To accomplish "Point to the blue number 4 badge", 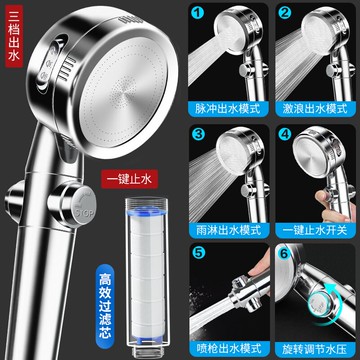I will [x=285, y=134].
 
